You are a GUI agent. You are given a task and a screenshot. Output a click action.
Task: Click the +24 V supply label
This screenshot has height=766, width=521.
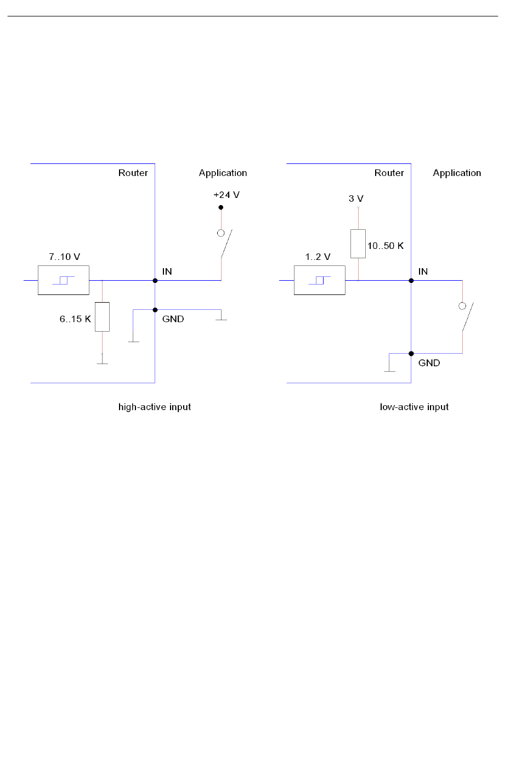point(226,195)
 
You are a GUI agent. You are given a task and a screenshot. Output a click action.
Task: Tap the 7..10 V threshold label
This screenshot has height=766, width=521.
point(64,257)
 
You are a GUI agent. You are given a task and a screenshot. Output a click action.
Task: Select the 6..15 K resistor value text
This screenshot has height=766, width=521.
point(75,319)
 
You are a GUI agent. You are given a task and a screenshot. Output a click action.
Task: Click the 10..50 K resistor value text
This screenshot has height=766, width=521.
point(386,246)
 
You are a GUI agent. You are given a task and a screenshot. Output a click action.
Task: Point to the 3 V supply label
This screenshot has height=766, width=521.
point(356,198)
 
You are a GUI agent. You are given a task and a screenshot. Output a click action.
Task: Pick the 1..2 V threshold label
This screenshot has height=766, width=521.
point(318,257)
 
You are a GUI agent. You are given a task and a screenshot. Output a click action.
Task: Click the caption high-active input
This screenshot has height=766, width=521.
point(155,407)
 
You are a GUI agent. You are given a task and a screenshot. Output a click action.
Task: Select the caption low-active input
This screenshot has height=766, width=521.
point(414,407)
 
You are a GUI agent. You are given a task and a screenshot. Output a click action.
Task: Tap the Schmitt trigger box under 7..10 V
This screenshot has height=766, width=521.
point(64,280)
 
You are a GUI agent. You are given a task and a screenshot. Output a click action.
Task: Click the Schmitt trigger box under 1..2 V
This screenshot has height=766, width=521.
point(320,280)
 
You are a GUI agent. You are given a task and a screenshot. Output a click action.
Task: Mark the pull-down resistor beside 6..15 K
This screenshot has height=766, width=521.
point(103,317)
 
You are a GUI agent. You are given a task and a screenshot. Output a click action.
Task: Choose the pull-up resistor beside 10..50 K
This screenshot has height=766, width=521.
point(358,244)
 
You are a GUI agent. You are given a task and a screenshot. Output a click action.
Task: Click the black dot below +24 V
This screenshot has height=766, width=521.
point(221,207)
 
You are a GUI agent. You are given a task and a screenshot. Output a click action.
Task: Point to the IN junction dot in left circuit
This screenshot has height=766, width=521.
point(155,280)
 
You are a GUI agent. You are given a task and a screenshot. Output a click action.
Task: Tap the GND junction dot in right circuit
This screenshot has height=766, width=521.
point(411,354)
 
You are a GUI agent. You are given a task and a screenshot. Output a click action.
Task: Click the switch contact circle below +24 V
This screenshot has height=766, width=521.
point(221,233)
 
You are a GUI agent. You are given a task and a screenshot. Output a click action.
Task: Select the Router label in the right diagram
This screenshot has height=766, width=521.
point(389,173)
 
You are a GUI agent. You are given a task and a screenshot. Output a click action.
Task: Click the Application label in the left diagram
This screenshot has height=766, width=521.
point(223,173)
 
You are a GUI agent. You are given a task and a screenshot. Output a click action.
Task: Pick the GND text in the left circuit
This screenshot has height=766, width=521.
point(173,319)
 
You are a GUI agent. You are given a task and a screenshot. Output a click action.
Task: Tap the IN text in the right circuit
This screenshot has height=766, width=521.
point(423,271)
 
